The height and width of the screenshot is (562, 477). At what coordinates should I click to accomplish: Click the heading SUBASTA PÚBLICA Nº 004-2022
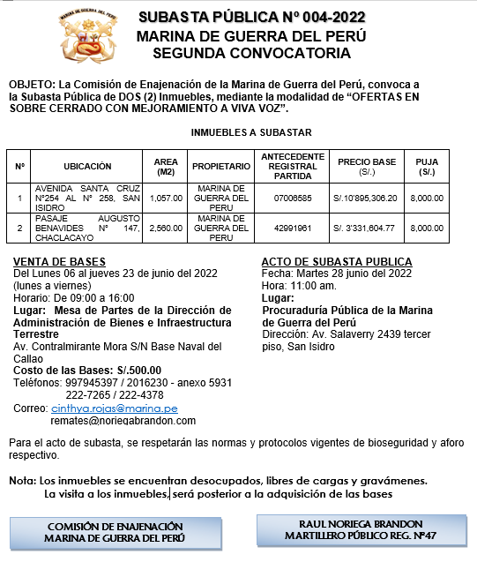tap(250, 18)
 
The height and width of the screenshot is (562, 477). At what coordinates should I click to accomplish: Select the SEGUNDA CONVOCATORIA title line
tap(250, 53)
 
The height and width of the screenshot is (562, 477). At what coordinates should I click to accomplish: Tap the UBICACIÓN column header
tap(87, 166)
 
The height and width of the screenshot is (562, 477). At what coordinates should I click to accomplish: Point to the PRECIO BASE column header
tap(367, 166)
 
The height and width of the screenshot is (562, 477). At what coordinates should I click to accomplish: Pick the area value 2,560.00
tap(166, 228)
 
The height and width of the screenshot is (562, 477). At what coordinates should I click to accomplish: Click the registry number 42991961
tap(293, 228)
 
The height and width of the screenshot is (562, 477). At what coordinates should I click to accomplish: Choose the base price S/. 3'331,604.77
tap(367, 228)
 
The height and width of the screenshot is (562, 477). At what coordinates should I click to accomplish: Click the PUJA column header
tap(427, 166)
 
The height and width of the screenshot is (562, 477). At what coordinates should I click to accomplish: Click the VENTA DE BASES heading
tap(60, 262)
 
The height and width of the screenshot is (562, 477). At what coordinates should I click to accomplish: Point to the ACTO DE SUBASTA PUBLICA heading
tap(337, 262)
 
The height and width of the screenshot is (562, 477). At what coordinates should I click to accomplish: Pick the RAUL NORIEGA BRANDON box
tap(361, 529)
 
